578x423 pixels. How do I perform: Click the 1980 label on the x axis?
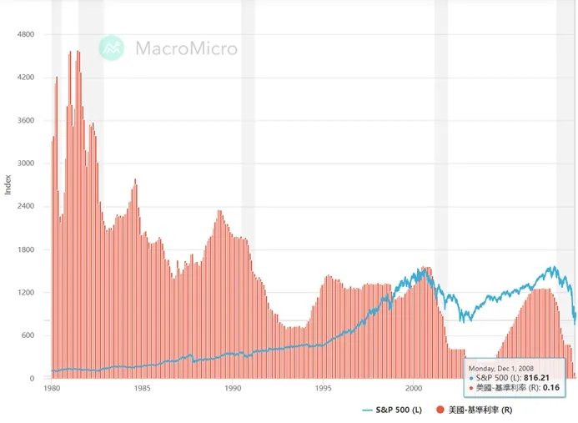point(52,389)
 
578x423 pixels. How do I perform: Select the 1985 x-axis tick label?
point(143,389)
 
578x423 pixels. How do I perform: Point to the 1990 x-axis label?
point(233,389)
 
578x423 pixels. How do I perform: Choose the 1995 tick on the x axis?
point(324,389)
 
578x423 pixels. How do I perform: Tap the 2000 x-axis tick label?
point(415,389)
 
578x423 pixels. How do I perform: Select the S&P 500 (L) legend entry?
point(396,410)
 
